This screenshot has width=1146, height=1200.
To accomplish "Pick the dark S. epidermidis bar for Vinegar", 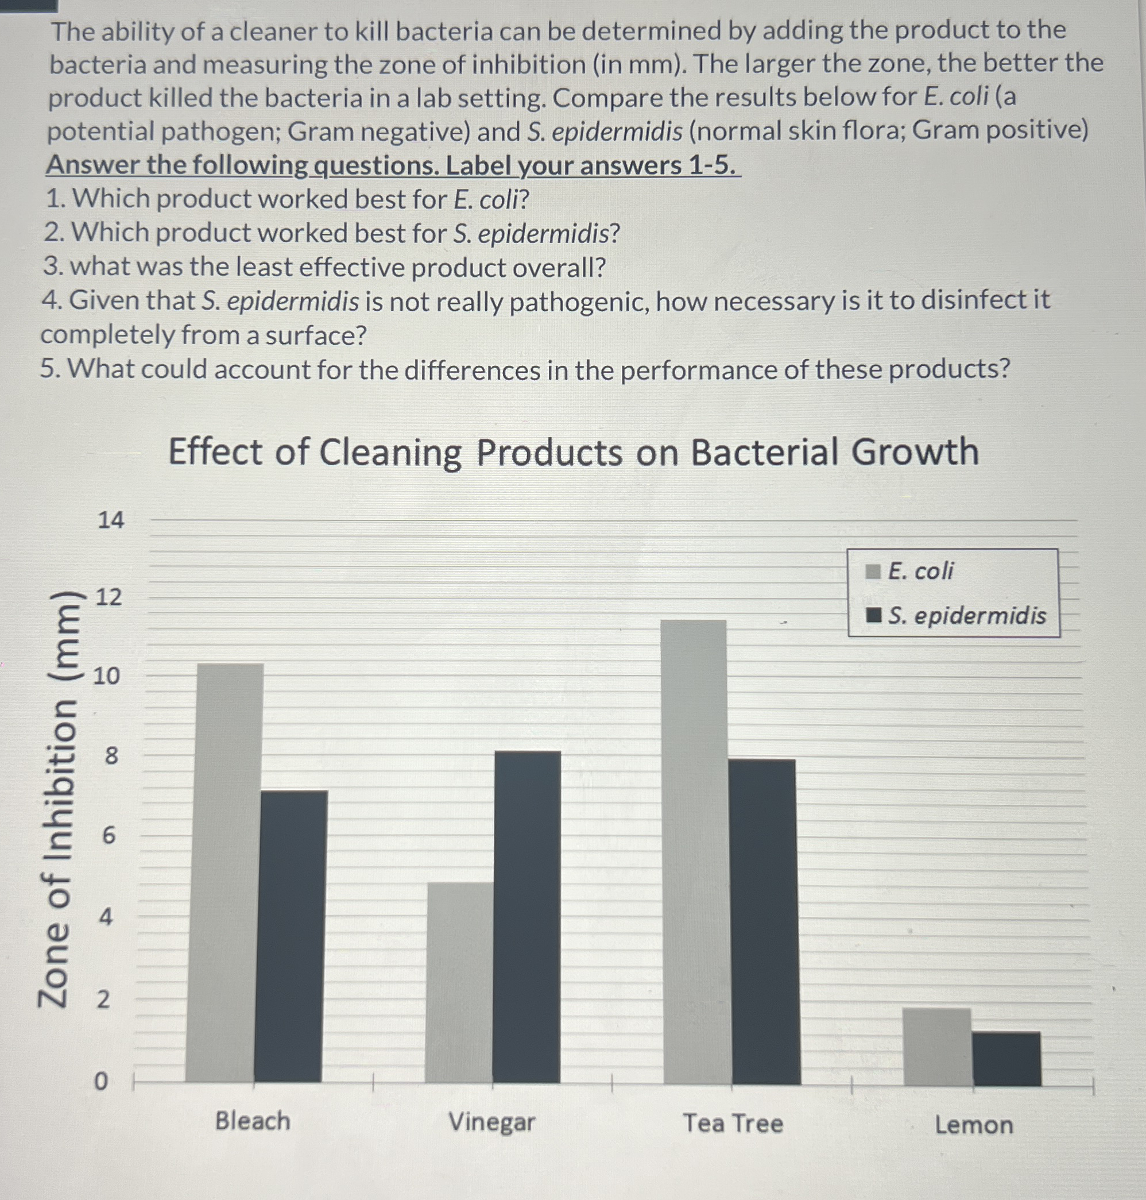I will point(526,917).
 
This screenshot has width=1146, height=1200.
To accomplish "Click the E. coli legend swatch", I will point(873,572).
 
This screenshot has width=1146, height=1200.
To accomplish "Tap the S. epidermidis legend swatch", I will point(873,615).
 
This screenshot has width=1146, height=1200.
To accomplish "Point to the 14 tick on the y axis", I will point(111,520).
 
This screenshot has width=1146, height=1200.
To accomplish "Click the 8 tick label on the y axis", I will point(111,756).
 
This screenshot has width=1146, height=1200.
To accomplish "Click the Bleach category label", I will point(252,1121).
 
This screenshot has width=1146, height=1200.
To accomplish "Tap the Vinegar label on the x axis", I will point(491,1122).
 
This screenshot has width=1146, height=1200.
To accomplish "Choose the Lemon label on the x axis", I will point(974,1125).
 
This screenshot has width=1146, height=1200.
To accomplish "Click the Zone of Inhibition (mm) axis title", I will point(58,801).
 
